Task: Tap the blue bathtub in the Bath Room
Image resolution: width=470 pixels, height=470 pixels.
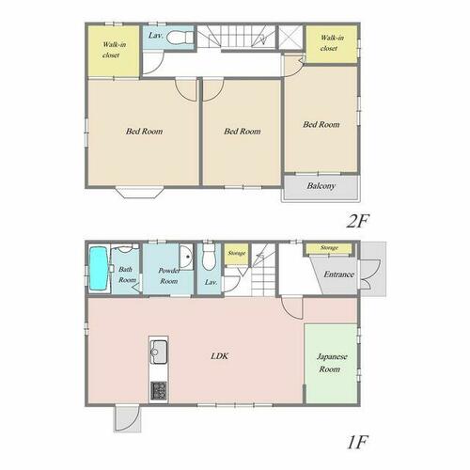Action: [x=99, y=269]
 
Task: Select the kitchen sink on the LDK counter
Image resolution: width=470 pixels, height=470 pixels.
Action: [x=159, y=352]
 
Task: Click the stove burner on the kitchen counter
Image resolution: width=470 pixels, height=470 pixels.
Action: [x=159, y=390]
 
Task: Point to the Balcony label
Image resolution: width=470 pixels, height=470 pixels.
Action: [x=321, y=186]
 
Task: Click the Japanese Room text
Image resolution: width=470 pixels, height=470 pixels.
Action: [x=331, y=363]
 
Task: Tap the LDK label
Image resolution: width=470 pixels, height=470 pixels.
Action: [x=220, y=356]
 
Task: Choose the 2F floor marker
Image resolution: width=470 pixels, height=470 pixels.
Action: [x=357, y=221]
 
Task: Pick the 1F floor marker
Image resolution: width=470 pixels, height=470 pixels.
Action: [x=357, y=442]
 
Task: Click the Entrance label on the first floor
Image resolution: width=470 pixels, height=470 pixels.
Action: [x=338, y=274]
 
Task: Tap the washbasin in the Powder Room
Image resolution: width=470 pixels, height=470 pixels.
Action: [x=186, y=257]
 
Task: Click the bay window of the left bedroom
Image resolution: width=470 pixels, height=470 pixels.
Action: [x=140, y=193]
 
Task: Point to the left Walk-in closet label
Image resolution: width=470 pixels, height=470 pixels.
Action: [x=113, y=50]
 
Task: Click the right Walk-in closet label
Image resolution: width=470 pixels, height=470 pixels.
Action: [x=331, y=43]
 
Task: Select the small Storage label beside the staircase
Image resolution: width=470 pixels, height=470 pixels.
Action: [x=237, y=253]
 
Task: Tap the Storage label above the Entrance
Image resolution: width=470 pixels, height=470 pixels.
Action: [x=329, y=247]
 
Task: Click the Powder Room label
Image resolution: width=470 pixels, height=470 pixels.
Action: [x=169, y=275]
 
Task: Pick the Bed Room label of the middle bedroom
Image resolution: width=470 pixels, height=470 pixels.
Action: [x=243, y=132]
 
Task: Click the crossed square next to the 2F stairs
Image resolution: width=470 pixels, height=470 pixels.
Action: [x=290, y=37]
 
